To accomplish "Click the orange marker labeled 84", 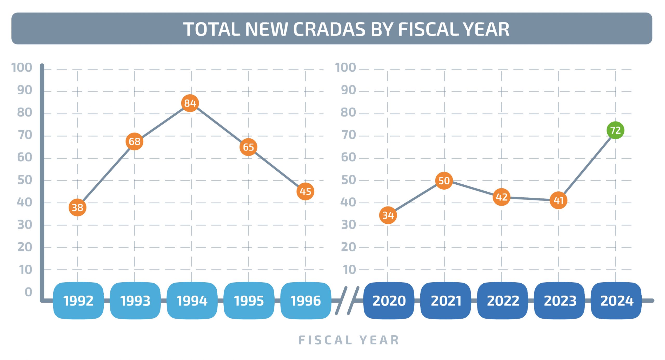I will pos(190,103).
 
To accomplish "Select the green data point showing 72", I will pos(615,130).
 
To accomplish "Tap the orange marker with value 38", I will pos(77,207).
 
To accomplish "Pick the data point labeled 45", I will pos(305,191).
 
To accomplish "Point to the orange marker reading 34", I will pos(388,215).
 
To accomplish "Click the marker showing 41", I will pos(558,200).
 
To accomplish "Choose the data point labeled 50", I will pos(444,181).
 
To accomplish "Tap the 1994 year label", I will pos(192,301).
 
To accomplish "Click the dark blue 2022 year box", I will pos(503,301).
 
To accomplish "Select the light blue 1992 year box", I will pos(78,301).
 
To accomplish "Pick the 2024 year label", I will pos(616,301).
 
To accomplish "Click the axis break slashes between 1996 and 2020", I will pos(347,301).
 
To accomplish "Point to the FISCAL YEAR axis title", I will pos(349,340).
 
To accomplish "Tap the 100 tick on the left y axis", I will pos(22,68).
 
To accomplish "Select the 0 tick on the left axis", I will pos(28,292).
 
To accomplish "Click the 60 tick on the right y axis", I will pos(348,157).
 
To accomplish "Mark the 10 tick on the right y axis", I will pos(349,270).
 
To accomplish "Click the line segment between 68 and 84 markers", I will pos(162,122).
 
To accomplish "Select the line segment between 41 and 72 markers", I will pos(587,165).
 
